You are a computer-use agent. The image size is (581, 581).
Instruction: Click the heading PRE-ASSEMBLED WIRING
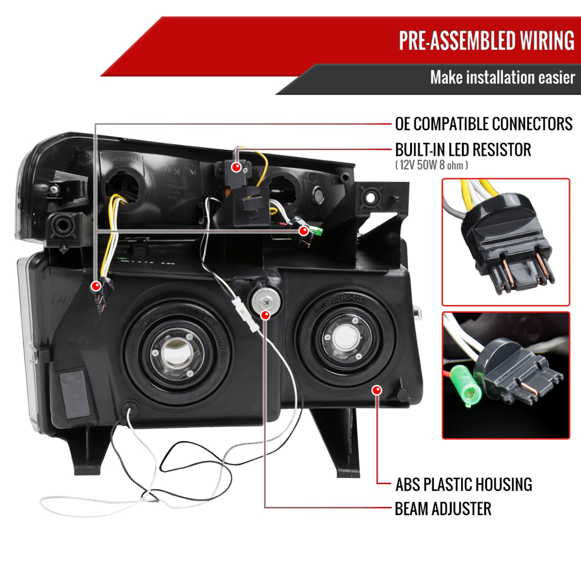pos(486,40)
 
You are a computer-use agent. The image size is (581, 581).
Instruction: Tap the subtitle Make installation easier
pos(502,77)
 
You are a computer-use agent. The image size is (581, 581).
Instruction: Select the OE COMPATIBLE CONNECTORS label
pos(483,124)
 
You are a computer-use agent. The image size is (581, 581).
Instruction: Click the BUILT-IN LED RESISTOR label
pos(463,150)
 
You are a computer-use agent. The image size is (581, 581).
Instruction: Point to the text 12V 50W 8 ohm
pos(431,165)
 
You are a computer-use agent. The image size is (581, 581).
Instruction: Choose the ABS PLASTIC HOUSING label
pos(464,485)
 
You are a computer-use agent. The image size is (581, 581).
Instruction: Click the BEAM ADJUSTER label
pos(443,509)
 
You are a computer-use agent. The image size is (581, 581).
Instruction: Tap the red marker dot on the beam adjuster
pos(265,315)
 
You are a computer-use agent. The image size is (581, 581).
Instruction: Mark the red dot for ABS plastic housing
pos(376,390)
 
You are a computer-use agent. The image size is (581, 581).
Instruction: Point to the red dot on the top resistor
pos(236,167)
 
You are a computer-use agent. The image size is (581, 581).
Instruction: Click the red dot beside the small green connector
pos(304,231)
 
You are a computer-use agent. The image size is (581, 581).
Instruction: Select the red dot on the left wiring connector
pos(96,286)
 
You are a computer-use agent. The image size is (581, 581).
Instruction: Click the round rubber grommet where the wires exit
pos(130,410)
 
